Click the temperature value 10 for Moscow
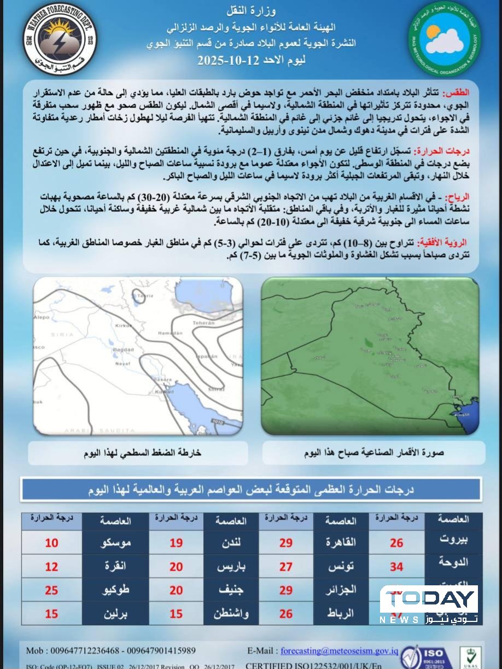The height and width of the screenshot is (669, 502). (51, 543)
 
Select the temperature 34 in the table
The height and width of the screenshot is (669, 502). (396, 567)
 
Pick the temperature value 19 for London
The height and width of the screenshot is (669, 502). (176, 543)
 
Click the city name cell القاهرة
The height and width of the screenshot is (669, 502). (341, 543)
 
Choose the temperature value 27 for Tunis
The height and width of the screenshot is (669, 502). (286, 567)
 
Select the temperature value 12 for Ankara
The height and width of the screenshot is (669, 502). (51, 567)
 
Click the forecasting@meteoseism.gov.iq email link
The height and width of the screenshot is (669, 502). (339, 651)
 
